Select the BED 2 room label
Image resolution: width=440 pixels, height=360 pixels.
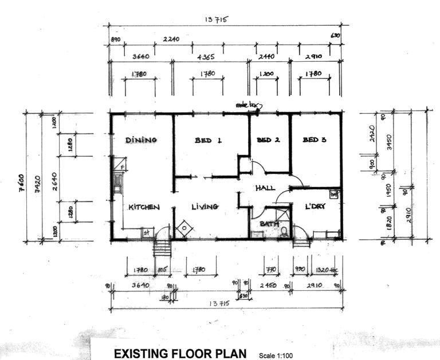coord(268,140)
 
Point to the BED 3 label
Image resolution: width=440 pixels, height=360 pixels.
coord(314,140)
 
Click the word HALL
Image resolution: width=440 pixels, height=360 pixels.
coord(265,188)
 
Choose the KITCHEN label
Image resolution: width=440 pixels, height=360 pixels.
coord(143,207)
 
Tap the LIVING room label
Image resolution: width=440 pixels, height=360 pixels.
coord(205,207)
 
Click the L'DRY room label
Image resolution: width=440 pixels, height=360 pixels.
coord(315,207)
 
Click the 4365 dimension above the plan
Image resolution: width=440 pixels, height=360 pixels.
coord(206,58)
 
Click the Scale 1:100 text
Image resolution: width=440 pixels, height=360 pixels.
coord(276,355)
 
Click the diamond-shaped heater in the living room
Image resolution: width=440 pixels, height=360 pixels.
coord(184,228)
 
